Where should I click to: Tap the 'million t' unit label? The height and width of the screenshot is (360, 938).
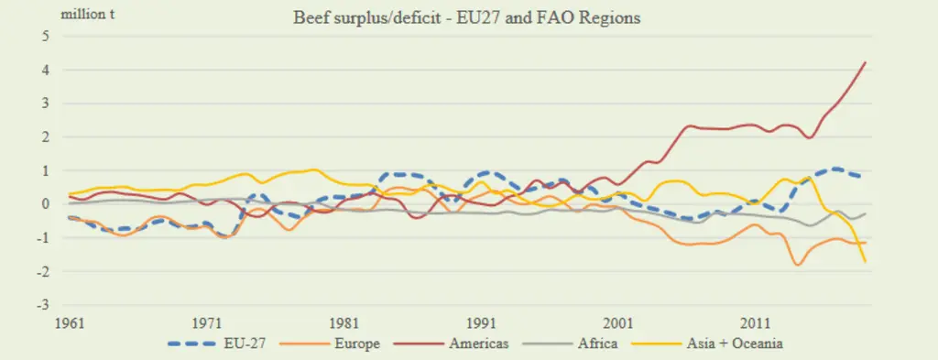point(88,15)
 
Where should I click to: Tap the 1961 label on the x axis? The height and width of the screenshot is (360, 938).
point(70,323)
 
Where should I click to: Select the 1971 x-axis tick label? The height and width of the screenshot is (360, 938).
point(206,323)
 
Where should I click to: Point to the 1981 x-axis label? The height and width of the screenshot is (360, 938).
point(344,323)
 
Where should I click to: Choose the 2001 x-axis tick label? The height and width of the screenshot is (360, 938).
point(618,323)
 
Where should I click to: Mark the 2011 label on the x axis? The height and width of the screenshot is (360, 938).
point(755,323)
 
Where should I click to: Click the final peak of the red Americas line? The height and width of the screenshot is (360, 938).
point(865,62)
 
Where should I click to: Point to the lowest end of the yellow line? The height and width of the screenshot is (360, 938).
point(865,262)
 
